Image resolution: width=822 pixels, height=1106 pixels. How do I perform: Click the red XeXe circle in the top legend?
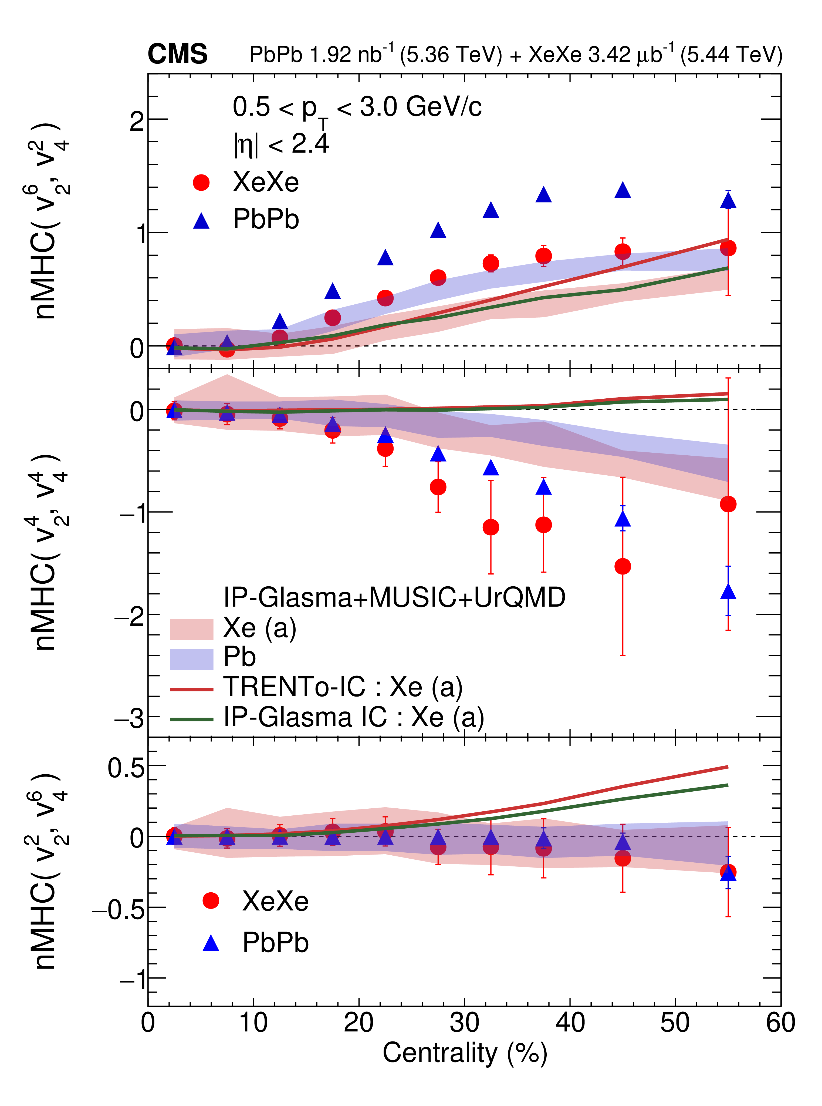202,183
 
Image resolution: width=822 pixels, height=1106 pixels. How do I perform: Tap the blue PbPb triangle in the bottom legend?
211,943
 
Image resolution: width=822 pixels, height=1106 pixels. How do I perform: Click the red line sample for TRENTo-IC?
192,689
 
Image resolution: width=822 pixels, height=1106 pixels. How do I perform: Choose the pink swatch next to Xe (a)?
192,629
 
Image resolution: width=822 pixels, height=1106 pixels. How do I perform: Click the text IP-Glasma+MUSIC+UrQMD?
394,597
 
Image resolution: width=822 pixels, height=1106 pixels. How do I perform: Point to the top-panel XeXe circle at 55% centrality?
728,248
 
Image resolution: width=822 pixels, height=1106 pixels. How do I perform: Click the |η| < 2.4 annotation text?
281,144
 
